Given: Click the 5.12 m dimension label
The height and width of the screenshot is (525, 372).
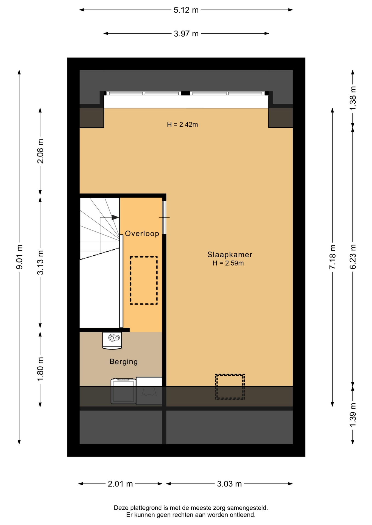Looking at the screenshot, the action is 186,10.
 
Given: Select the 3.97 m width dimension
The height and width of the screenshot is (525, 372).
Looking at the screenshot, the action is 186,34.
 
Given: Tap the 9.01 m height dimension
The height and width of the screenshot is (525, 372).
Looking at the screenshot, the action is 19,257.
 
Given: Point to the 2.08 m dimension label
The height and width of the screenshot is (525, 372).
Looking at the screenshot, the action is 40,151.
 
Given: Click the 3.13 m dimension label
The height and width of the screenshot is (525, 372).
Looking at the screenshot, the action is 40,262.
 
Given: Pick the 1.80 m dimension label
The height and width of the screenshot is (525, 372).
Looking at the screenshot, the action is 40,369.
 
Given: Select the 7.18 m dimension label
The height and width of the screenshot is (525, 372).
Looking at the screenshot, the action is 333,257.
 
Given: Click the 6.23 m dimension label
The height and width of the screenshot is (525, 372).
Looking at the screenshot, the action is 353,257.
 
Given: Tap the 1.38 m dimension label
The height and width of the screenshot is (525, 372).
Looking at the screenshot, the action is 353,98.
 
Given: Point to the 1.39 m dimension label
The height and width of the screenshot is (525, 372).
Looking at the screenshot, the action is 353,415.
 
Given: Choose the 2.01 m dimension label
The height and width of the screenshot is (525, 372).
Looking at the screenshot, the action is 120,484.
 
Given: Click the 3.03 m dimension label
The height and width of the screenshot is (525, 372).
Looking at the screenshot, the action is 230,484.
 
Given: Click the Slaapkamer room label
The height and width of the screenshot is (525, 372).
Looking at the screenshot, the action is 230,255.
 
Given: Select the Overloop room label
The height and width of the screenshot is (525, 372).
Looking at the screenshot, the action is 142,234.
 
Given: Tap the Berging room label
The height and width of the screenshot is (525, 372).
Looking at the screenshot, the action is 124,361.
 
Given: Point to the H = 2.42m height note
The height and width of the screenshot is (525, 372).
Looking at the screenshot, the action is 182,125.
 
